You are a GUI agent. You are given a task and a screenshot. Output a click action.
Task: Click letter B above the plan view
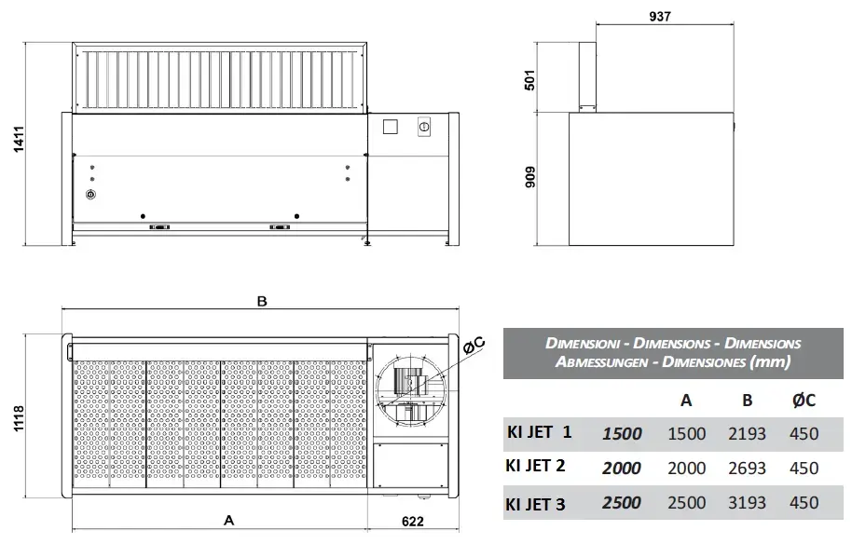click(262, 302)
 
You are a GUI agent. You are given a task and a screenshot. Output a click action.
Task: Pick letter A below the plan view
click(228, 522)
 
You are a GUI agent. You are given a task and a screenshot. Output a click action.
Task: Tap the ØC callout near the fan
click(474, 346)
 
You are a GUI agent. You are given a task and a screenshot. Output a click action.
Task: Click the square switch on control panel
click(392, 126)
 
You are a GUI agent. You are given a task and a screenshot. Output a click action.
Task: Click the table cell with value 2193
click(746, 434)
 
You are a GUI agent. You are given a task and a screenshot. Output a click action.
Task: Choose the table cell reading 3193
click(746, 503)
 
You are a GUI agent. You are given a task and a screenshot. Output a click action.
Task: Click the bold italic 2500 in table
click(621, 503)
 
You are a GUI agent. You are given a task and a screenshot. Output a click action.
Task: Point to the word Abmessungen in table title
click(597, 361)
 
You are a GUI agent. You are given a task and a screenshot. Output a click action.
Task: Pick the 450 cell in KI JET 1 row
click(802, 434)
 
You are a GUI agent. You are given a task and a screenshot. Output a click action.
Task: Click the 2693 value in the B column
click(746, 469)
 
